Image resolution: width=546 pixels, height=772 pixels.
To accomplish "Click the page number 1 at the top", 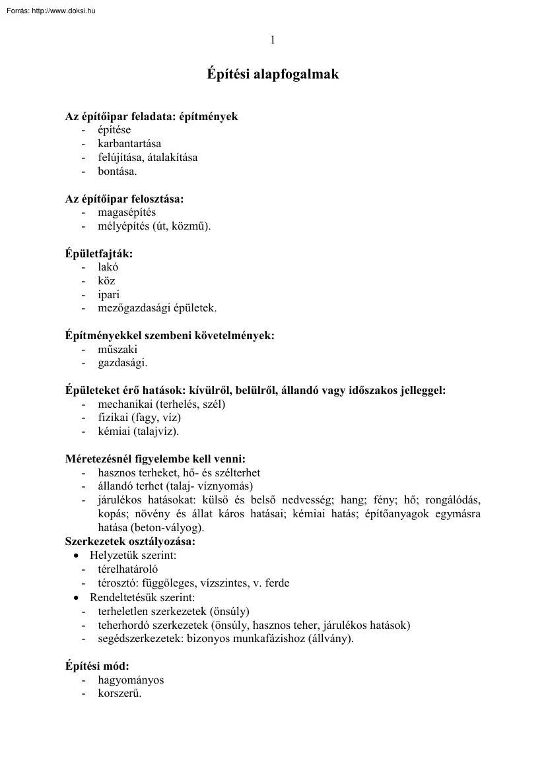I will pos(273,40).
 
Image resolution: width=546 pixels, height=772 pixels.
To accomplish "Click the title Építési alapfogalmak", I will pos(273,75).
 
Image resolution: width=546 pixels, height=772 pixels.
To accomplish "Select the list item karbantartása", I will pos(129,144).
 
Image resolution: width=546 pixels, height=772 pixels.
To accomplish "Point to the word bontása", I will pos(116,172).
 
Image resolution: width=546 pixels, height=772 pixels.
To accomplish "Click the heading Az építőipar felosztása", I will pos(125,199).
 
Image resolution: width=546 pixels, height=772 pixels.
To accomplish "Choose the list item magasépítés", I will pos(127,212).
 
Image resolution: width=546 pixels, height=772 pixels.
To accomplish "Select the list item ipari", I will pos(109,294).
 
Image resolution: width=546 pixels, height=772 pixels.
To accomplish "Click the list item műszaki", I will pos(118,350).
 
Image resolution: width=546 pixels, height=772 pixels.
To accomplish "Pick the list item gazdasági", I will pos(123,363).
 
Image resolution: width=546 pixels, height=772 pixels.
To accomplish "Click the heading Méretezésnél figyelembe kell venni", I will pos(155,459).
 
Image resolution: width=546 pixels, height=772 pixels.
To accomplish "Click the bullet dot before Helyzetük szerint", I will pos(77,556).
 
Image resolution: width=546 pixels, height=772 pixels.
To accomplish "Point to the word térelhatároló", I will pos(128,569).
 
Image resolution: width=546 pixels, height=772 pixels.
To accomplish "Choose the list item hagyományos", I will pos(131,680).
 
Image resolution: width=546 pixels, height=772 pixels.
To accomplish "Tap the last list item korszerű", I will pos(119,693).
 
